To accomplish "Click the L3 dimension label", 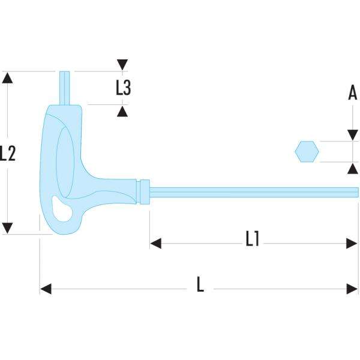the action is click(123, 88).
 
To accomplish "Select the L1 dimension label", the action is click(253, 239).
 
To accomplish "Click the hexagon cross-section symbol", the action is click(307, 151).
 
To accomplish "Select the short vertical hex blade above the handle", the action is click(65, 88).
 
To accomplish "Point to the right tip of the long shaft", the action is click(356, 191).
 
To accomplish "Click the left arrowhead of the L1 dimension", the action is click(155, 243).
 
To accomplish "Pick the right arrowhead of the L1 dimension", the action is click(353, 243).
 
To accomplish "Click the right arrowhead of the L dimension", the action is click(353, 289).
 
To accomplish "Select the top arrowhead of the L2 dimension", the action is click(7, 77).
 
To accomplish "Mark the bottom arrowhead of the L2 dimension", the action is click(7, 228).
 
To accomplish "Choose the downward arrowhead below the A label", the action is click(352, 136).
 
